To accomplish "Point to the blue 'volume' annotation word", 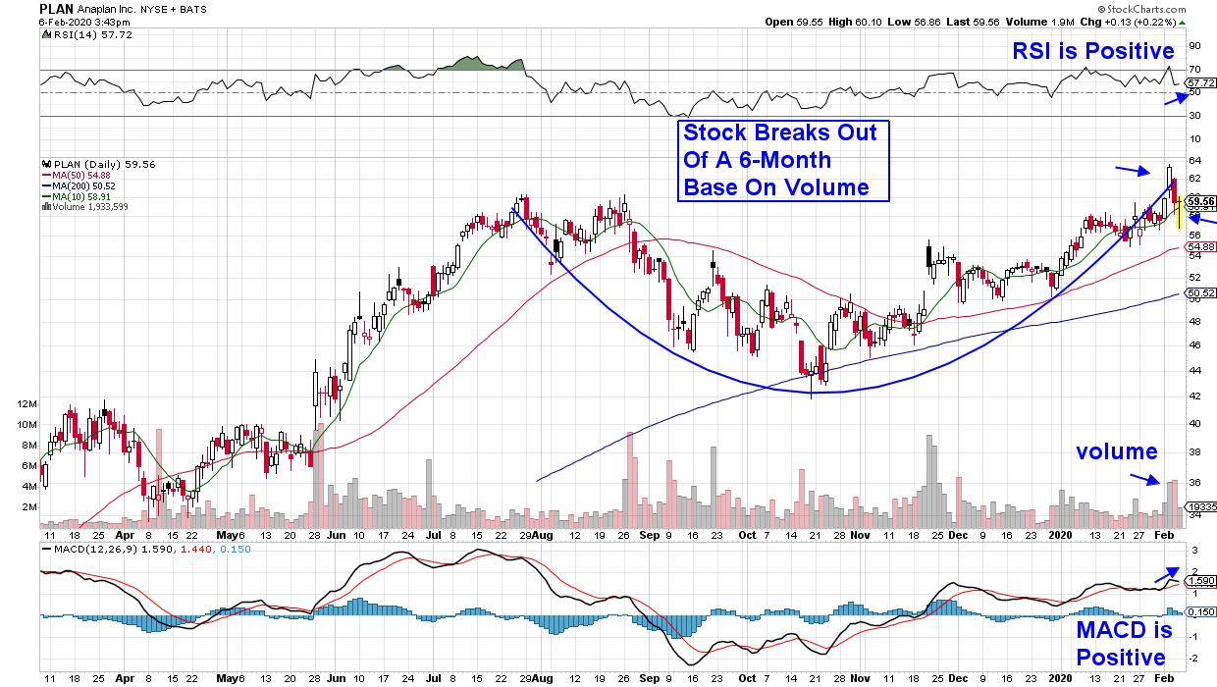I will click(1117, 451).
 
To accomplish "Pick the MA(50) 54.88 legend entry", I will click(82, 175).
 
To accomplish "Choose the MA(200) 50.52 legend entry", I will click(84, 184).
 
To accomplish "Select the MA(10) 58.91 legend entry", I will click(82, 193).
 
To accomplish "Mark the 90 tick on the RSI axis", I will click(1194, 46).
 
